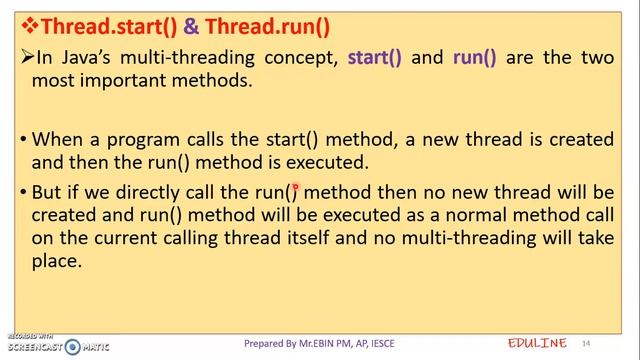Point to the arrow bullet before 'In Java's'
(x=27, y=58)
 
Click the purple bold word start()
(x=375, y=58)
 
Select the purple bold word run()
(x=474, y=58)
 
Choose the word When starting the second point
(x=57, y=139)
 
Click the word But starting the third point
(x=48, y=191)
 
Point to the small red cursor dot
(x=296, y=187)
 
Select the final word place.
(x=56, y=261)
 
